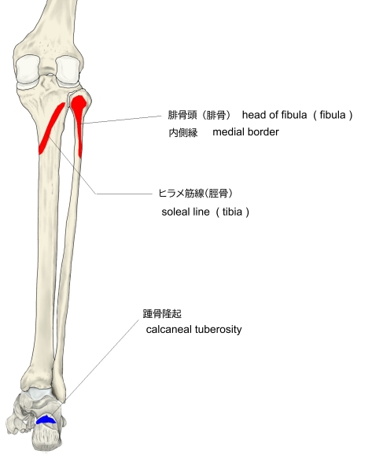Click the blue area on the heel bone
(46, 419)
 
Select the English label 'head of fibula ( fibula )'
(297, 115)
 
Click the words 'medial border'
(246, 132)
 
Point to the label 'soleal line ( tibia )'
(205, 212)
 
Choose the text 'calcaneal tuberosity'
(193, 330)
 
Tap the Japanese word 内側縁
(183, 133)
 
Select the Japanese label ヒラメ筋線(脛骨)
(196, 193)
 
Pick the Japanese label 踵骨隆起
(162, 314)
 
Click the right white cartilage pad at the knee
(68, 69)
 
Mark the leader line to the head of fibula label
(122, 120)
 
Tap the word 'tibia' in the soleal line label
(232, 212)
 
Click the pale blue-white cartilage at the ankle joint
(39, 393)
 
